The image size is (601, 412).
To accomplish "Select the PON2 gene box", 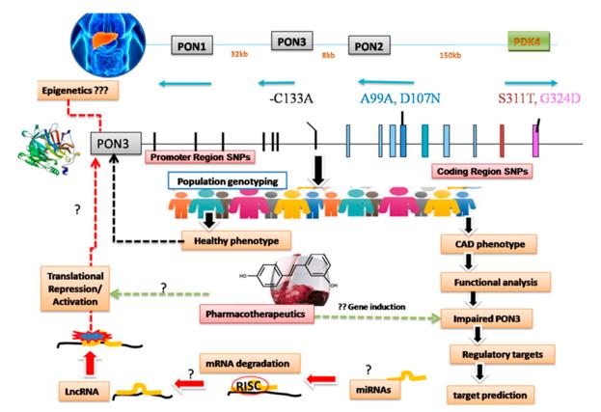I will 373,45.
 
